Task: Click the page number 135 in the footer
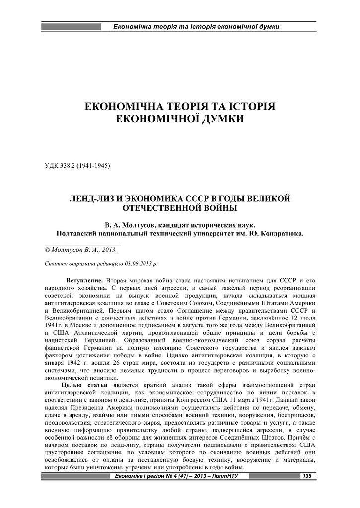[x=306, y=477]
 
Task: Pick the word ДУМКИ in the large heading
[x=218, y=119]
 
